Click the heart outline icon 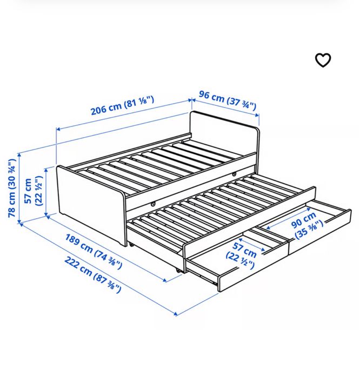tap(323, 60)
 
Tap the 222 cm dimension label tap(79, 263)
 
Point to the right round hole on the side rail tap(234, 174)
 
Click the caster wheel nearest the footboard tap(130, 244)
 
